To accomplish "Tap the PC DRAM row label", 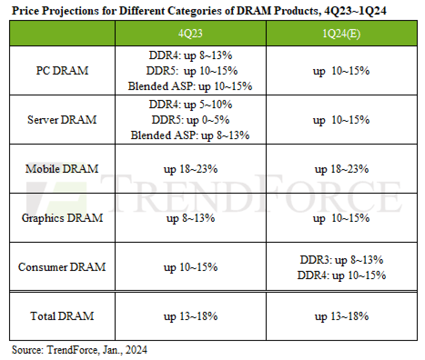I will (62, 71).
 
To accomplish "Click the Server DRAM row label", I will (62, 120).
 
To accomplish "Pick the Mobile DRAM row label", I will (62, 169).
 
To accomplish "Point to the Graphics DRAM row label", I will (62, 218).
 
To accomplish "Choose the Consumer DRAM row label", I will (62, 267).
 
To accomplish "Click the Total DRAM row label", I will (62, 316).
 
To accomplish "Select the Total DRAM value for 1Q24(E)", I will (341, 316).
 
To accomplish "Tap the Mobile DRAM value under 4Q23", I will (190, 170).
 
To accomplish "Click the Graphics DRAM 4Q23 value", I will (190, 219).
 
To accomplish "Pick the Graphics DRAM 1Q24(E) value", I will (341, 219).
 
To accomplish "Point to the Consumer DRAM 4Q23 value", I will (190, 267).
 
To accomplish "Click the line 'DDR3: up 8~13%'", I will (341, 260).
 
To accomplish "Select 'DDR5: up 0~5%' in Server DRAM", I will (190, 120).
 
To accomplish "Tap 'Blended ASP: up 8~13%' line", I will (190, 135).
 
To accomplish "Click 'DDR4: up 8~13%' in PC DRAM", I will (190, 56).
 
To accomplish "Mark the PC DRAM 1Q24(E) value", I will (341, 71).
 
